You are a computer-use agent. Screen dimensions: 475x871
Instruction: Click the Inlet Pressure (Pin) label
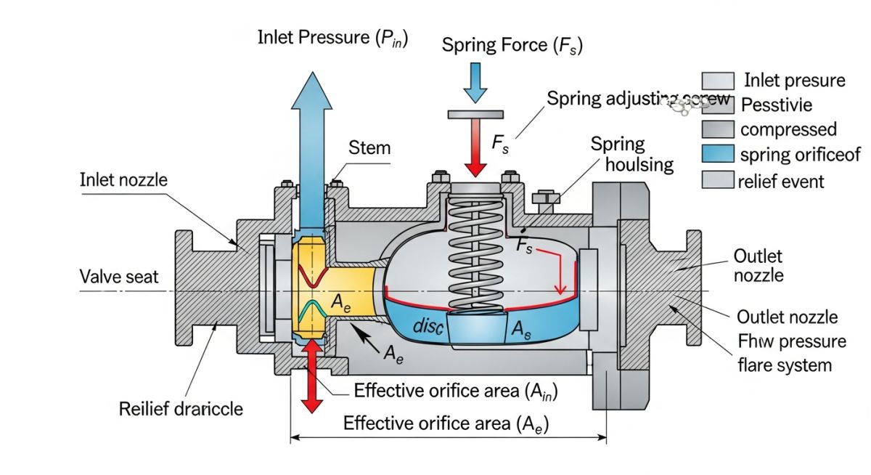click(x=332, y=38)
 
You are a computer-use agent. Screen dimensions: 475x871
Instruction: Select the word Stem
click(x=369, y=148)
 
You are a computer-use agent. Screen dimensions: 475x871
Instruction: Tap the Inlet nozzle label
click(x=123, y=179)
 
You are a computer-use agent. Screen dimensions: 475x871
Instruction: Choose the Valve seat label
click(x=120, y=276)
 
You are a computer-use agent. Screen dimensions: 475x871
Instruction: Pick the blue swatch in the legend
click(x=719, y=154)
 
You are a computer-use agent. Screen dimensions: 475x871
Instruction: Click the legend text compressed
click(x=788, y=130)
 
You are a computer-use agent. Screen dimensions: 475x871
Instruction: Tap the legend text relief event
click(x=780, y=180)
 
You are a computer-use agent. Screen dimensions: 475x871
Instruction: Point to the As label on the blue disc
click(x=522, y=329)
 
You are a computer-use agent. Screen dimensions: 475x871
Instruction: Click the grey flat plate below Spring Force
click(x=476, y=114)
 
